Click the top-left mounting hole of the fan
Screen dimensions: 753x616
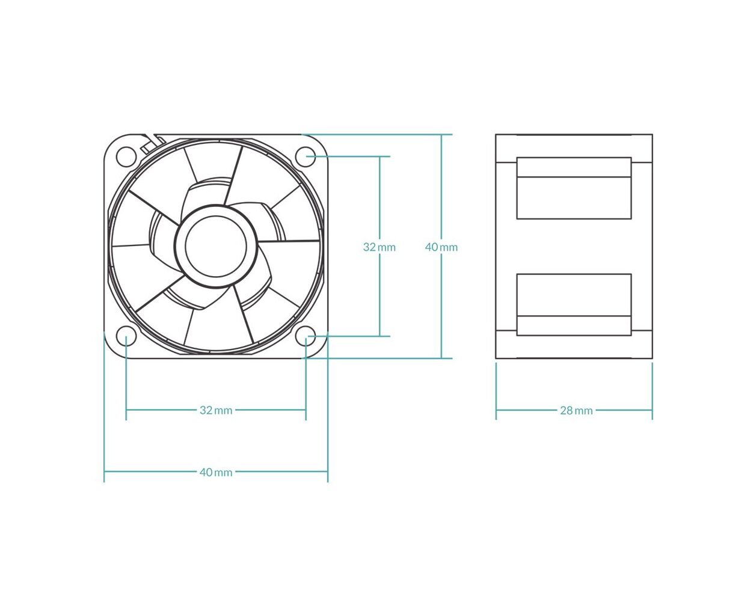point(126,156)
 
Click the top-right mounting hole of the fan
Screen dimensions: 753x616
point(306,156)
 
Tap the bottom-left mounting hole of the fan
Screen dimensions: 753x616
point(126,336)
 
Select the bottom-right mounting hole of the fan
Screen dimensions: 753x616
point(306,336)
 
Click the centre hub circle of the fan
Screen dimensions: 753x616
point(216,246)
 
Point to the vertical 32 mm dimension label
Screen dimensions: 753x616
point(379,247)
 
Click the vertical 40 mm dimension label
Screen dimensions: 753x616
point(441,247)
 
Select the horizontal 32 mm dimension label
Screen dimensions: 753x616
point(216,410)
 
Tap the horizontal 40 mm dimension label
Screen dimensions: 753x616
point(216,472)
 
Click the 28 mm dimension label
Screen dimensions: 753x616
point(576,411)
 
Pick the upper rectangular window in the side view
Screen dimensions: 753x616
point(574,188)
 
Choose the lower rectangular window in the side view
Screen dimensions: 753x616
point(574,304)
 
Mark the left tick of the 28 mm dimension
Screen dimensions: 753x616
point(496,391)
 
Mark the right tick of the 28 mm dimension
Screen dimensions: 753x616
point(653,391)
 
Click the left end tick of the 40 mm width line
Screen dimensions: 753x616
point(104,407)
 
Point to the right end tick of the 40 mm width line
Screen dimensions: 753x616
point(328,407)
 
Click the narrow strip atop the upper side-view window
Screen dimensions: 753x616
point(574,167)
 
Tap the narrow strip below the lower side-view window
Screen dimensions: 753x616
point(574,325)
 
